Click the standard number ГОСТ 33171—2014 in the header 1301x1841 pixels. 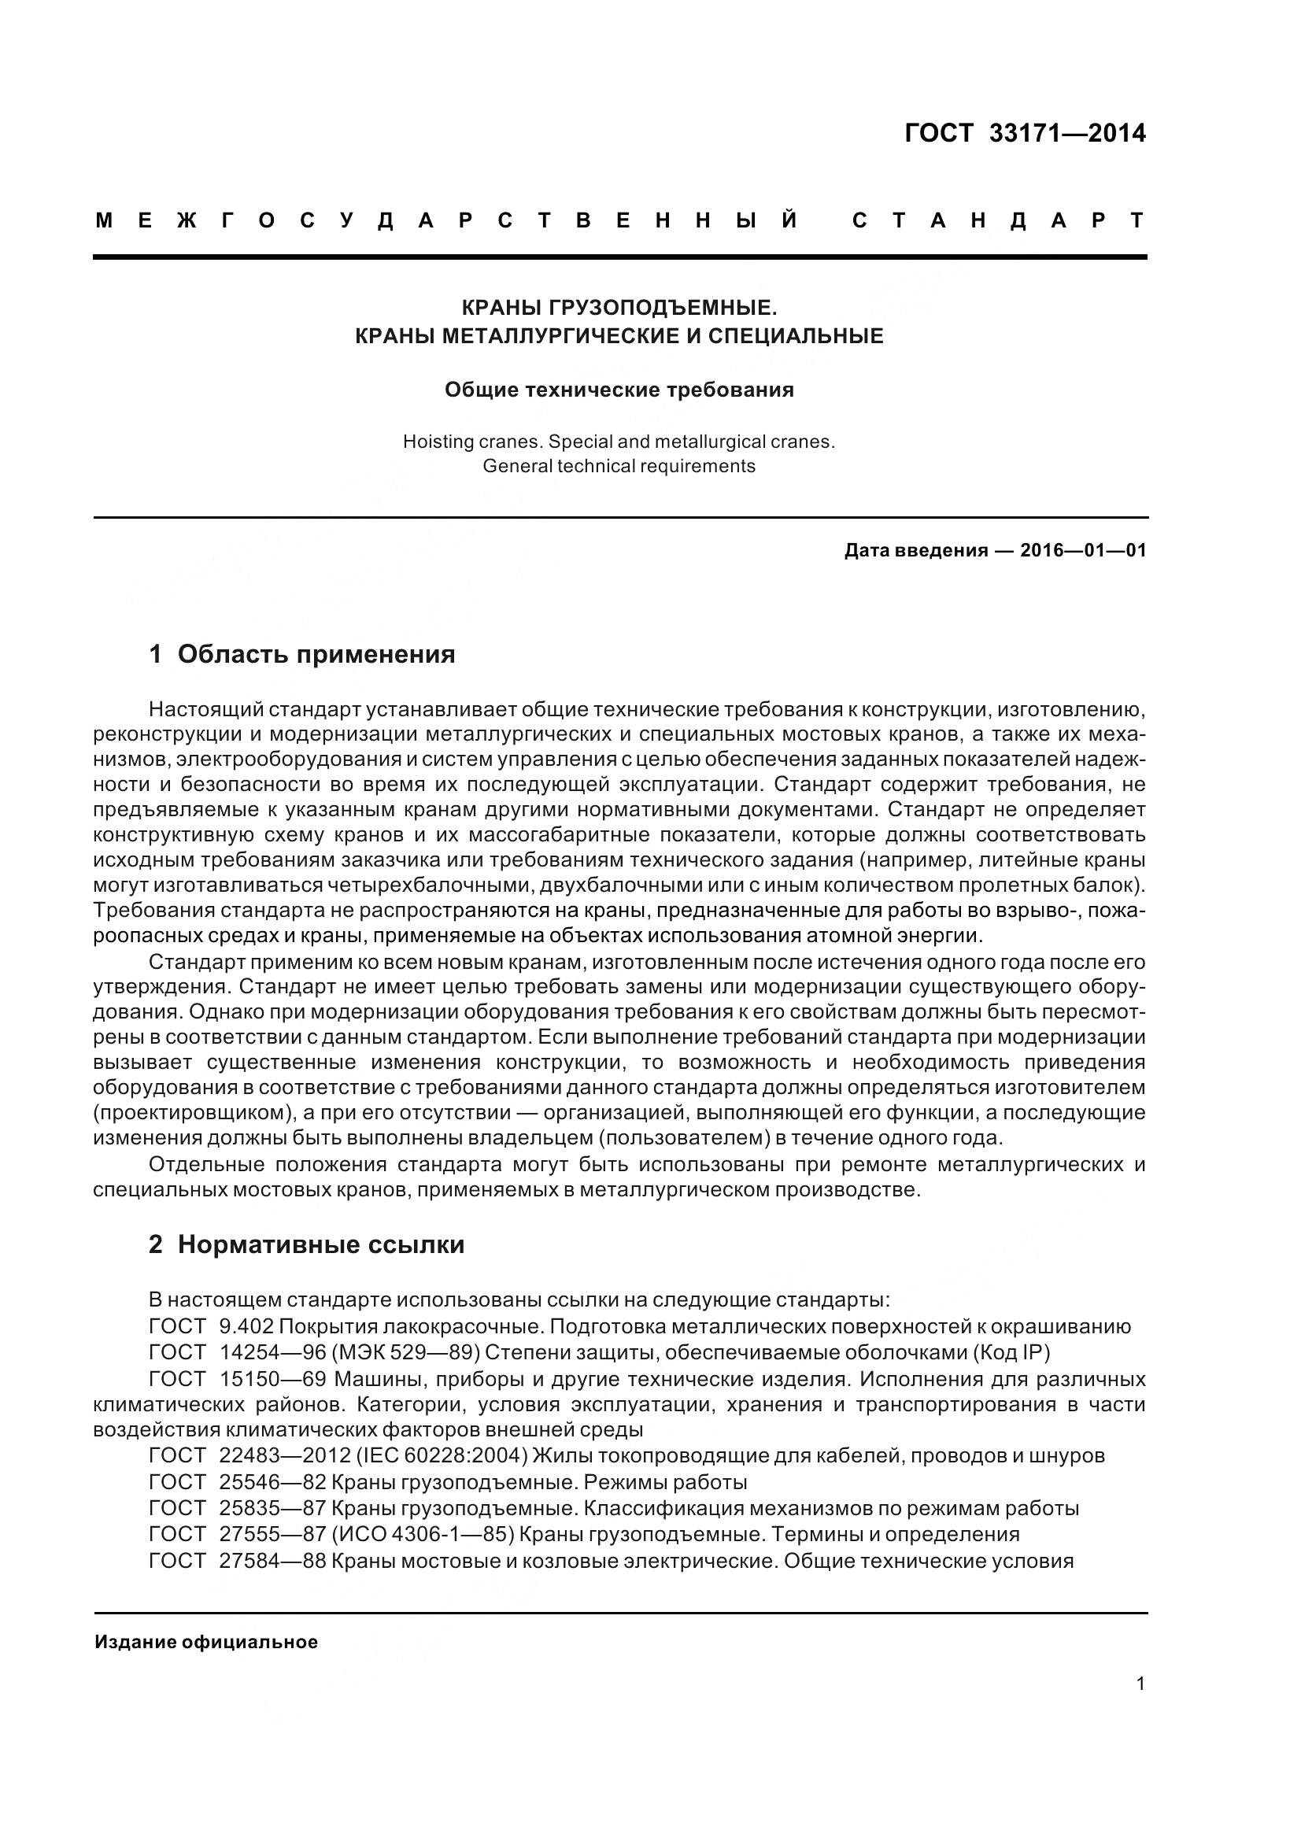1025,133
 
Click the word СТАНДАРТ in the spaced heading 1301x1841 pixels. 999,220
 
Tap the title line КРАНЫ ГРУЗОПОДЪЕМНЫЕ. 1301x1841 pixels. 619,307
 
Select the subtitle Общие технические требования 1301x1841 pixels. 619,390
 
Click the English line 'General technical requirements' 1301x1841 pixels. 619,466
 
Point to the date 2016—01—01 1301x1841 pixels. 1083,551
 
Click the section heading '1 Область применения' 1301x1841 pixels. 302,654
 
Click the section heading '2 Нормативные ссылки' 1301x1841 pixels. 307,1244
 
